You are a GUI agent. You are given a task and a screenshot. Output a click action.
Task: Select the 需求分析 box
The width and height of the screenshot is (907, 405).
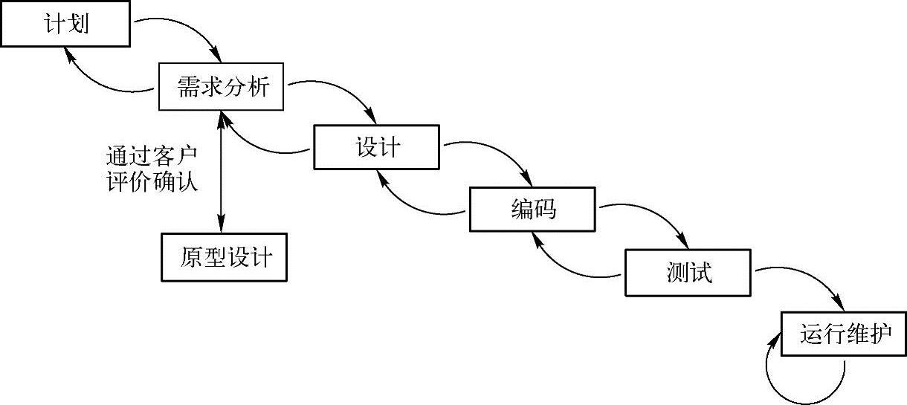[x=221, y=86]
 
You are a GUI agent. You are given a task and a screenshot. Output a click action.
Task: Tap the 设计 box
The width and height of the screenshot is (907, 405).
[x=378, y=147]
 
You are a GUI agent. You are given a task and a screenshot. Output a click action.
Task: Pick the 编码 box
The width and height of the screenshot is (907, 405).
[x=532, y=210]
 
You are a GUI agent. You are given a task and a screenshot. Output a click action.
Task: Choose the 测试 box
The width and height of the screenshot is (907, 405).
[x=688, y=273]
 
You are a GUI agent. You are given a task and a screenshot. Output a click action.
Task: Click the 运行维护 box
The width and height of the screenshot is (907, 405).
[x=844, y=334]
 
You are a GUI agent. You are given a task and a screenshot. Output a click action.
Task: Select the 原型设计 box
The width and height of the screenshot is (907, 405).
[x=224, y=258]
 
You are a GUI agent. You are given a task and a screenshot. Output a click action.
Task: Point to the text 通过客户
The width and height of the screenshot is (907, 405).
[x=152, y=158]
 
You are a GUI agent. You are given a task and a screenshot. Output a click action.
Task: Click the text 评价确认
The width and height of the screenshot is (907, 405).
[x=152, y=182]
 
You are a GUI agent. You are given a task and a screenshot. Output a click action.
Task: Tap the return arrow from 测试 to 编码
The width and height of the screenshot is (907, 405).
[x=569, y=268]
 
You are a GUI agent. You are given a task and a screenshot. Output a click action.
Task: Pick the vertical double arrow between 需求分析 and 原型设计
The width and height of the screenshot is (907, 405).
[x=221, y=171]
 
